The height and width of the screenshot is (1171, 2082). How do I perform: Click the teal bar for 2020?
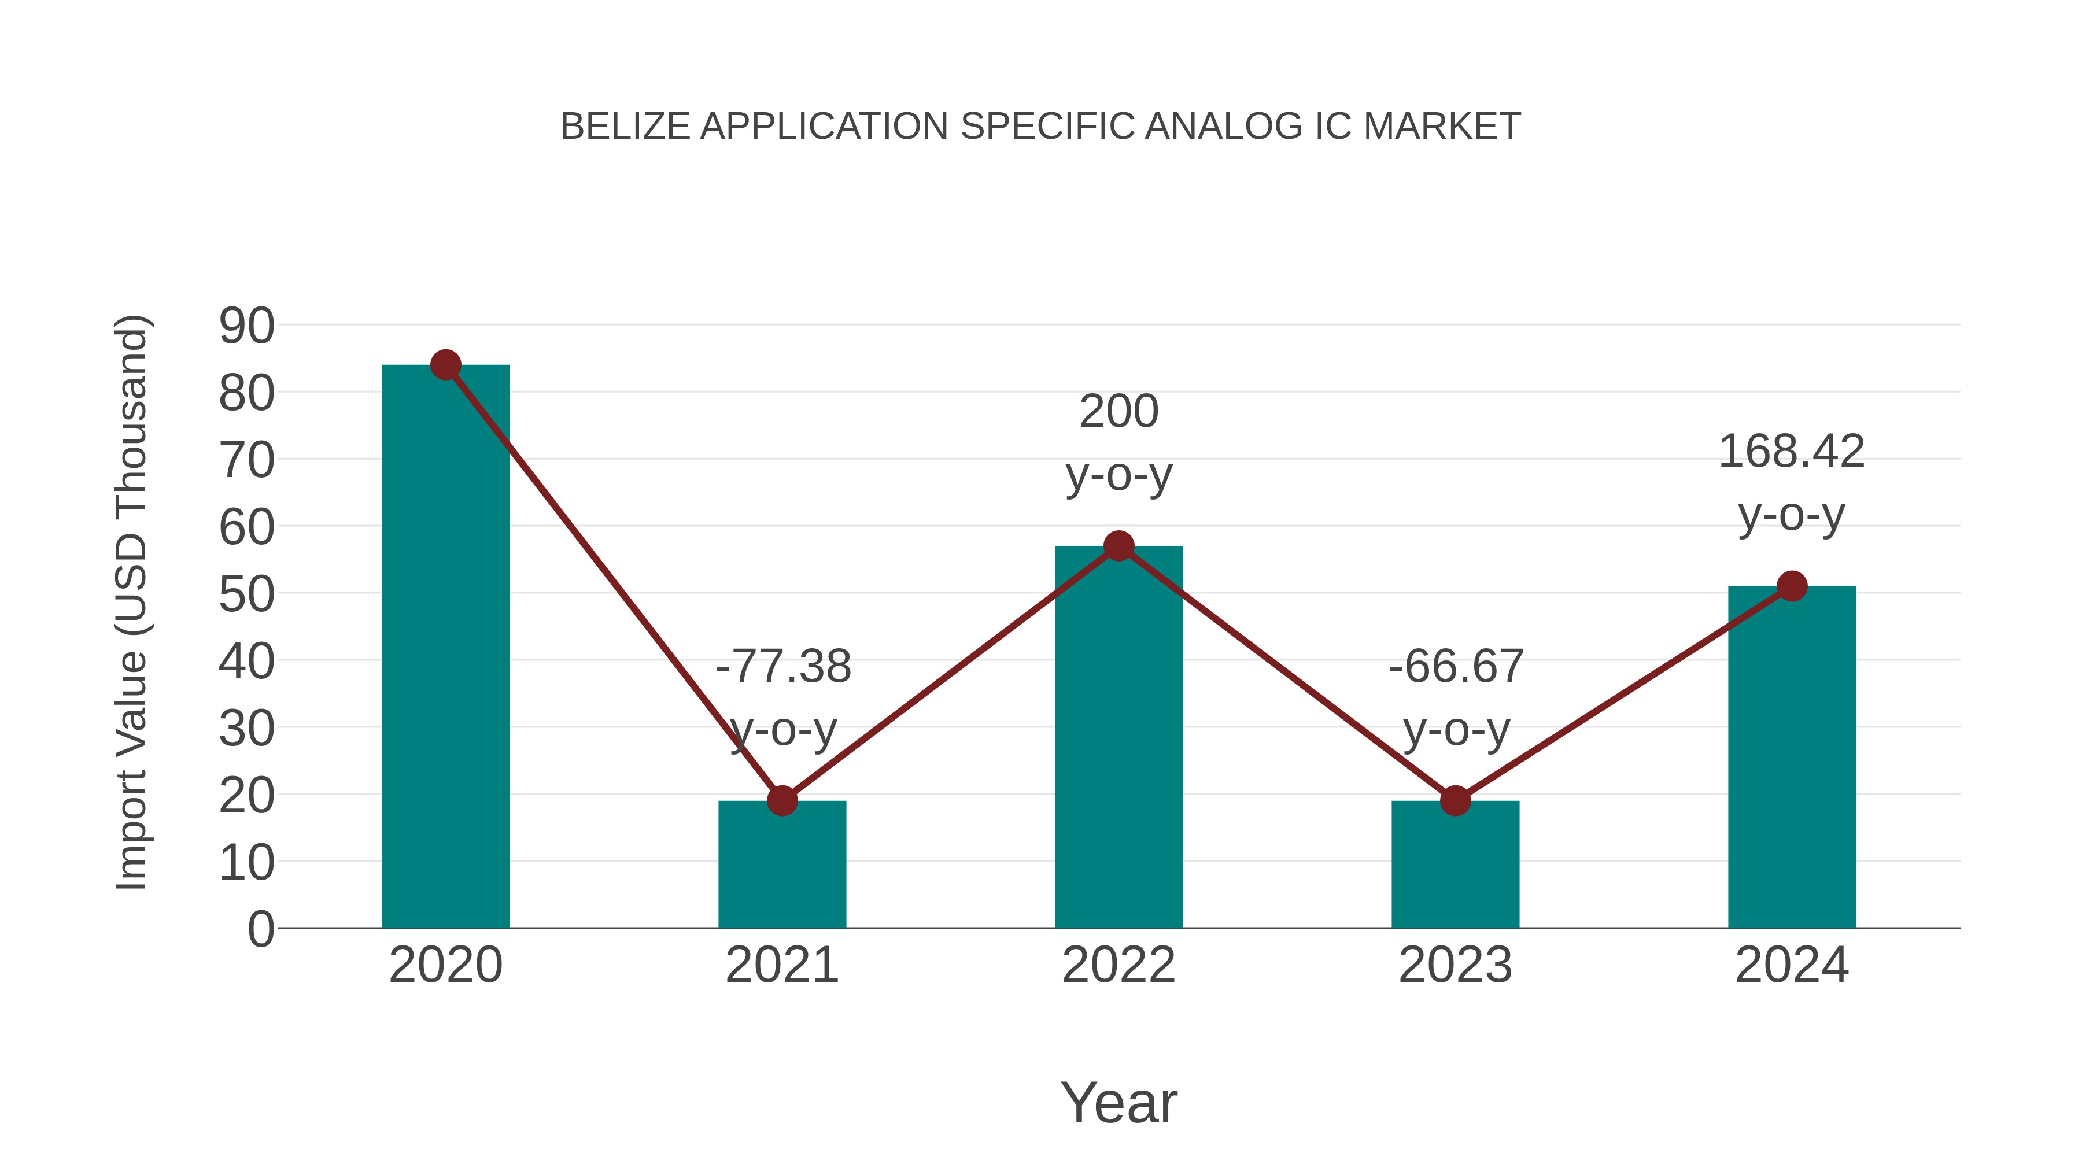click(445, 647)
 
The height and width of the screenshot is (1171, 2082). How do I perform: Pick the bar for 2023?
click(1455, 865)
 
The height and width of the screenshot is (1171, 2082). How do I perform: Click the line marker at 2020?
click(445, 365)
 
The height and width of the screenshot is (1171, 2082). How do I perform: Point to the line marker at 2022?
click(1118, 546)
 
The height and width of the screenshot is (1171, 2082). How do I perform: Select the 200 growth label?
click(1118, 412)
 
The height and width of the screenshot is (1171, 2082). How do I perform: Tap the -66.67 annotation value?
click(1456, 667)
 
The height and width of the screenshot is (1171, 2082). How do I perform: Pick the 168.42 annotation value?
click(1792, 452)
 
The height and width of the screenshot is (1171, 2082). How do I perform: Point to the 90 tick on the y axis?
click(246, 327)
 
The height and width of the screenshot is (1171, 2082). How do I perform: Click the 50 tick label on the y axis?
click(246, 595)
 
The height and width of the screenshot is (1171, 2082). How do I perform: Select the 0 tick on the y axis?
click(261, 929)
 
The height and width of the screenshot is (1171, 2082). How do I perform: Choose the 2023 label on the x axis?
click(1455, 965)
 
